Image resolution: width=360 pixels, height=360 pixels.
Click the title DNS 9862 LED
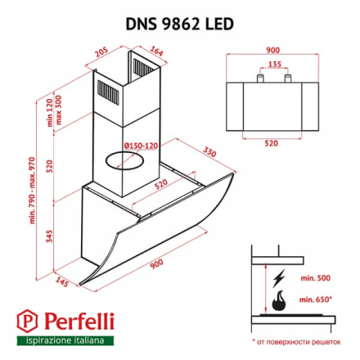tap(179, 22)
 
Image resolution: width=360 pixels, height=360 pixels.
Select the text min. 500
tap(316, 279)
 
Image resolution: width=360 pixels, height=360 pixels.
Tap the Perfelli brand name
tap(74, 321)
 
